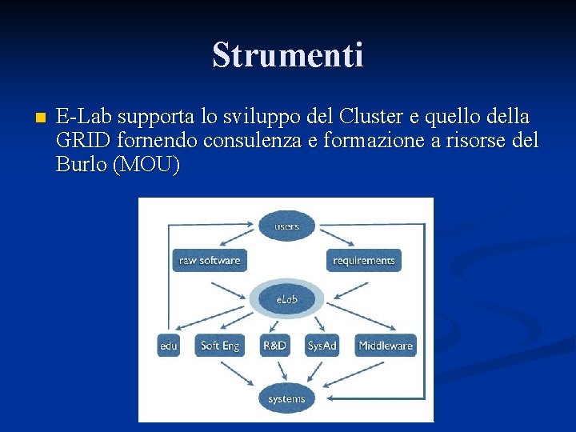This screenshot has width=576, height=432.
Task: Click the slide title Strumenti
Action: (288, 55)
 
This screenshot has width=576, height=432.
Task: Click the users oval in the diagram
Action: (286, 226)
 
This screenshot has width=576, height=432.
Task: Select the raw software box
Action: (210, 260)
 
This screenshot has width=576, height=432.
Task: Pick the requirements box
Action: (364, 260)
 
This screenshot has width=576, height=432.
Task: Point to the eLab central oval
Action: (286, 299)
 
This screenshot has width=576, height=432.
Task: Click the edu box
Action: (168, 346)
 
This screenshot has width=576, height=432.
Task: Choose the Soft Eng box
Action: (220, 346)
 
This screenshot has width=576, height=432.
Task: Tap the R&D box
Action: (274, 346)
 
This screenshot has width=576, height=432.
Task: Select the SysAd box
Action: (322, 346)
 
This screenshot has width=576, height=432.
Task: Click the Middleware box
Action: (386, 346)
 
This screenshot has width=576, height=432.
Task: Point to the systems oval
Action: (286, 398)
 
